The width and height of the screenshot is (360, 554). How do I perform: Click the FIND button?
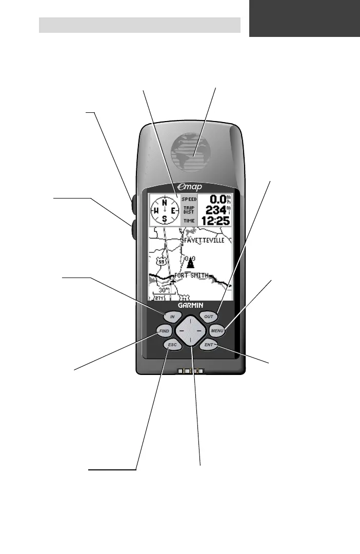point(164,332)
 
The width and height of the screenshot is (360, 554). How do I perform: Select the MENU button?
point(217,332)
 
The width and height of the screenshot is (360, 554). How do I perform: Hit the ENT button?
point(209,346)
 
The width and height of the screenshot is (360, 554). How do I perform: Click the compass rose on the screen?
point(164,211)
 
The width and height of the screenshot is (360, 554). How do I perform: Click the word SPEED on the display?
point(189,199)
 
